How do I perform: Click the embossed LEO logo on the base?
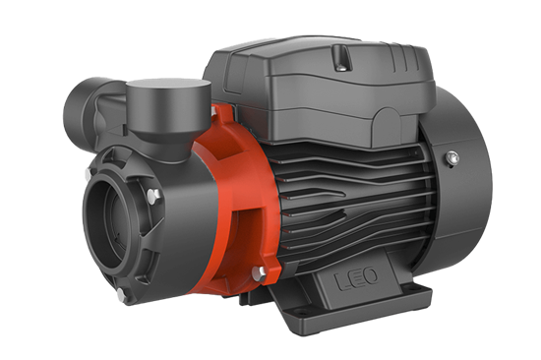[x=356, y=278]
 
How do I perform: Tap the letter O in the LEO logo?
[x=370, y=275]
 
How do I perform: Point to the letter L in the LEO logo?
[x=342, y=282]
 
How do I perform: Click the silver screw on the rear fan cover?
[x=451, y=157]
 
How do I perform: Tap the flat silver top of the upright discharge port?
[x=168, y=86]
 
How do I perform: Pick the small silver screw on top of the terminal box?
[x=342, y=68]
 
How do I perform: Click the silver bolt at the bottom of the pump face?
[x=121, y=294]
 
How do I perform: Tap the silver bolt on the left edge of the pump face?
[x=88, y=173]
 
